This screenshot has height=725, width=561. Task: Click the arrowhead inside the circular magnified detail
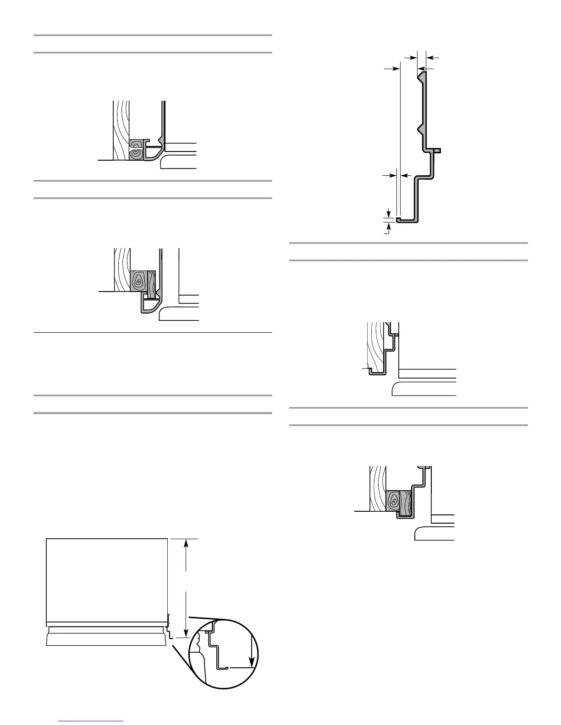(252, 661)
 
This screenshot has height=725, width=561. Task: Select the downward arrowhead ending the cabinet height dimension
(186, 633)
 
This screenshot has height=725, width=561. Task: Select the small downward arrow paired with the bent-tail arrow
(389, 212)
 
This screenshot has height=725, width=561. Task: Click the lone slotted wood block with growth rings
(136, 150)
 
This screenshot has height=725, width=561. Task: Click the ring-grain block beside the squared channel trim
(393, 500)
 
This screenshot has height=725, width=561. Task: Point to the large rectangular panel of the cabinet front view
(107, 579)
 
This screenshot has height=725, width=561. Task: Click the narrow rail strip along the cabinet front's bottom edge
(107, 624)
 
